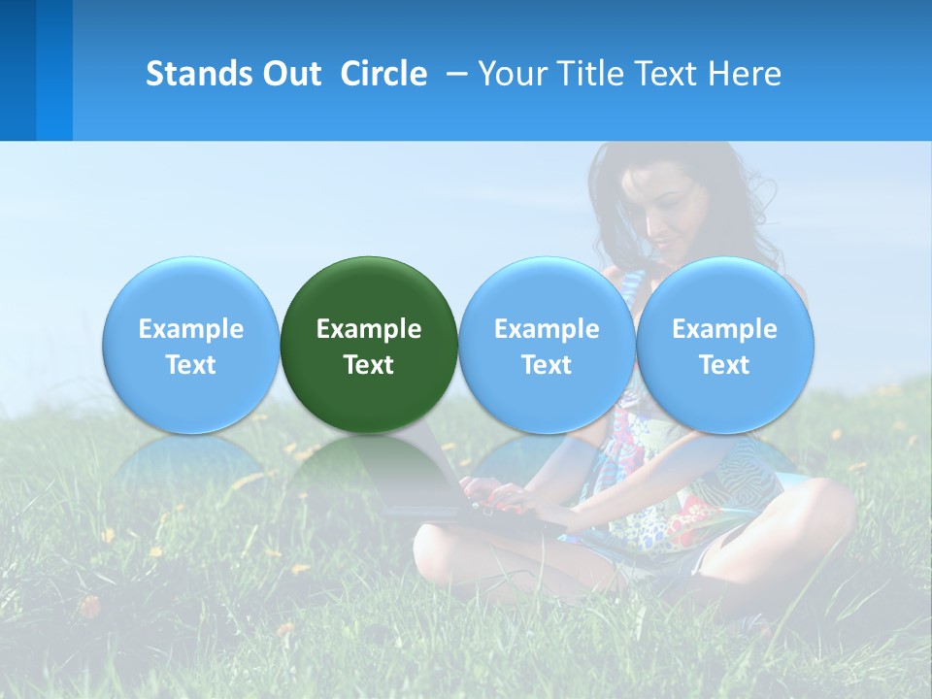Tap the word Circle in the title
[x=383, y=74]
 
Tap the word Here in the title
[x=744, y=74]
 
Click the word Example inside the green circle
[x=369, y=329]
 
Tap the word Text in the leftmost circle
[x=190, y=365]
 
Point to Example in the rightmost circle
[x=725, y=329]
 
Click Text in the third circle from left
[x=547, y=365]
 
